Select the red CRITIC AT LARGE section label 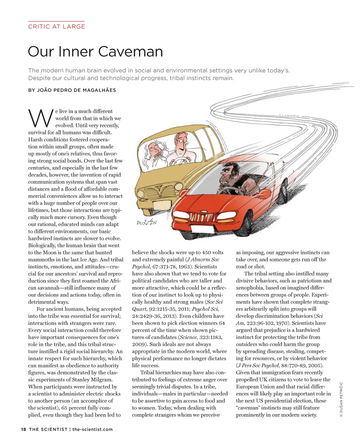tap(57, 26)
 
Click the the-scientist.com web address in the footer tap(92, 429)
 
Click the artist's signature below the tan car tap(147, 222)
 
